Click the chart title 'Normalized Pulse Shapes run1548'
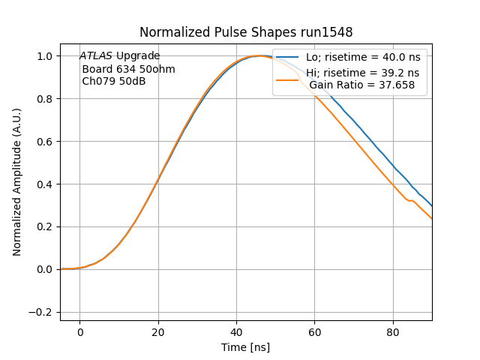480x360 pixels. click(246, 32)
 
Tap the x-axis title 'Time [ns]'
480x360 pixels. click(246, 347)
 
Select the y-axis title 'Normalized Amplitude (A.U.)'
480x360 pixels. click(17, 182)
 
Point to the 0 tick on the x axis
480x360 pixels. click(79, 331)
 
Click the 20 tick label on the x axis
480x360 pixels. click(157, 331)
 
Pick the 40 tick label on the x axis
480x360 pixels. click(236, 331)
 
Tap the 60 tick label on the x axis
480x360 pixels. click(314, 331)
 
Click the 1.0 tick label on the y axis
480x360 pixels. click(46, 56)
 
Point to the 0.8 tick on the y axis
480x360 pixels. click(46, 99)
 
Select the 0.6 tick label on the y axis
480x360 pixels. click(46, 142)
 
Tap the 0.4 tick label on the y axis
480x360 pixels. click(46, 184)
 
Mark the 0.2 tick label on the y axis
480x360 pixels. click(46, 226)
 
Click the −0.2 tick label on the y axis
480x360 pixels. click(42, 312)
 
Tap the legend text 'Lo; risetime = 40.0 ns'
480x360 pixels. click(362, 58)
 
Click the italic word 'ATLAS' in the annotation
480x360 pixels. click(96, 56)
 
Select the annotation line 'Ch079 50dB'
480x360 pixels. click(113, 81)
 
